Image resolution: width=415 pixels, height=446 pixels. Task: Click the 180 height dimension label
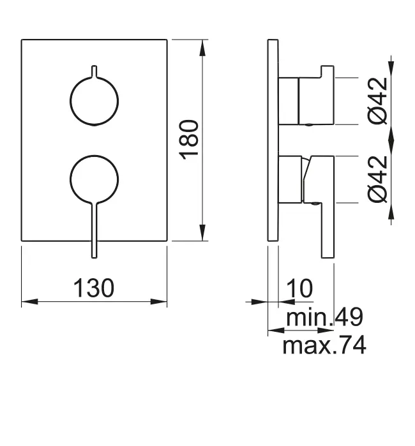pos(192,140)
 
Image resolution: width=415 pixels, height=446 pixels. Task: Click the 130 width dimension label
pos(94,288)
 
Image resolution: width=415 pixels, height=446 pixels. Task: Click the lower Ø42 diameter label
pos(378,180)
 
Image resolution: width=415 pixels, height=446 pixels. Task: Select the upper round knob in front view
pos(94,100)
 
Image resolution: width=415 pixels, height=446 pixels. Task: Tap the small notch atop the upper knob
pos(94,70)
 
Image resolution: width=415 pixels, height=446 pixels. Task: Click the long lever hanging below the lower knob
pos(94,233)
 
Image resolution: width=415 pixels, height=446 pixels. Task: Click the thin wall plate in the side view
pos(273,140)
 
